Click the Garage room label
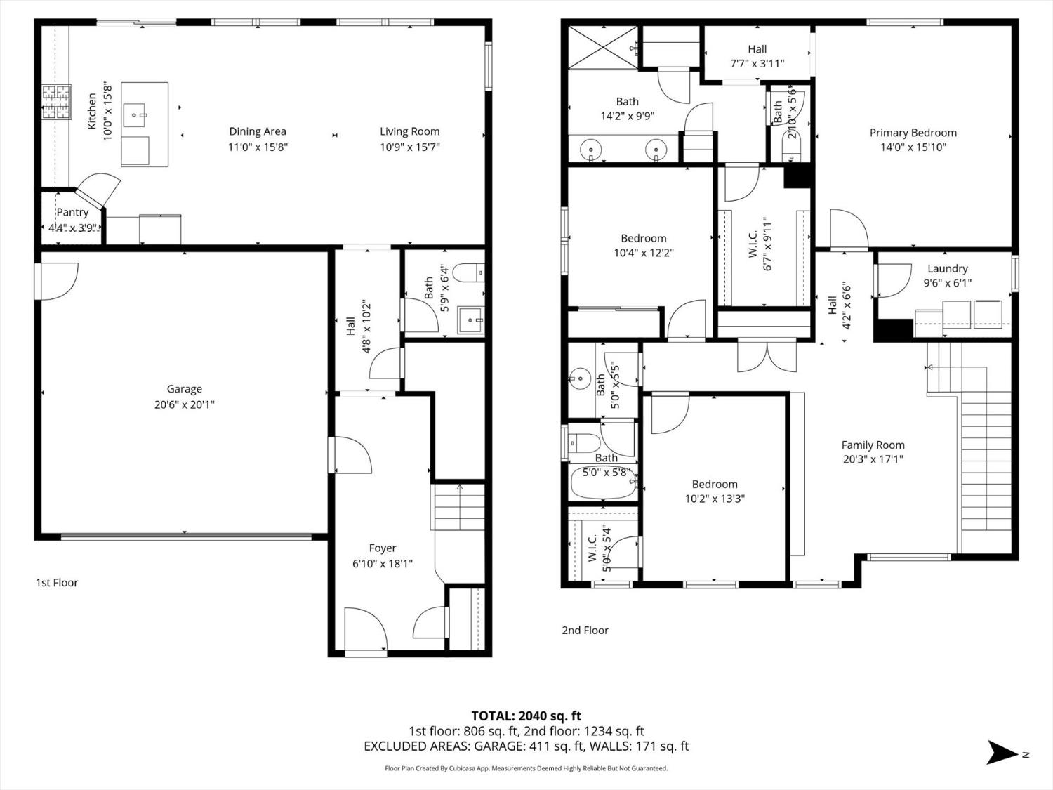coord(184,389)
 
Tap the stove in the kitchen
coord(56,103)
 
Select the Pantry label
coord(72,212)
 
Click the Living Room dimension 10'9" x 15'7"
coord(409,147)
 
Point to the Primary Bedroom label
coord(913,133)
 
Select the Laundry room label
coord(947,268)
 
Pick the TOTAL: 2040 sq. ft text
coord(526,716)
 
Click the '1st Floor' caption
coord(57,582)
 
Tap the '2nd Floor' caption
coord(585,630)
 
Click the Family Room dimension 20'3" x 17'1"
coord(873,459)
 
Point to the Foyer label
coord(383,548)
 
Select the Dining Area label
coord(257,131)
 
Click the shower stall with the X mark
coord(602,48)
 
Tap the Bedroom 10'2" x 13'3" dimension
coord(715,499)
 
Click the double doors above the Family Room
coord(767,355)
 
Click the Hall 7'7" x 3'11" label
coord(757,49)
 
